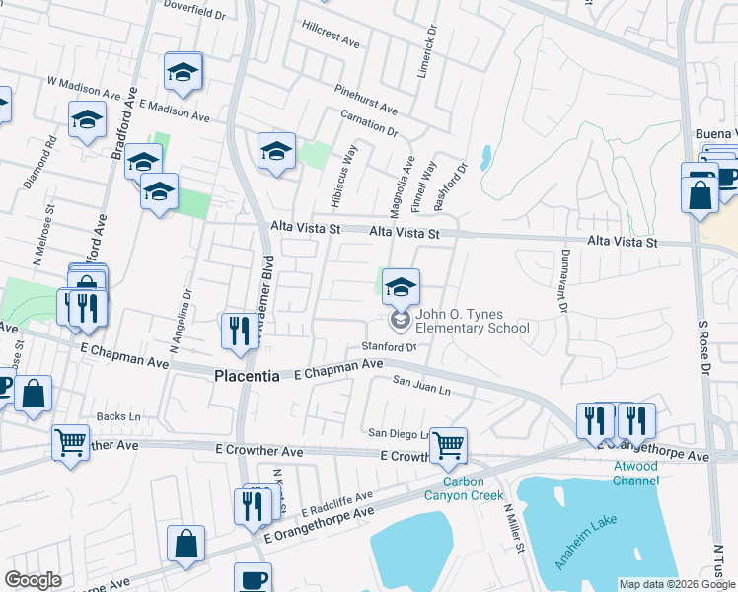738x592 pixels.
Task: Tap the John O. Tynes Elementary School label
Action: pos(472,322)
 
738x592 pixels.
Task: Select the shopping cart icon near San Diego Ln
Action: pos(448,445)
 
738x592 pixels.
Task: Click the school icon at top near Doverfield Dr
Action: pos(183,71)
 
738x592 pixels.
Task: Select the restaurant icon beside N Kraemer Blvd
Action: pos(238,332)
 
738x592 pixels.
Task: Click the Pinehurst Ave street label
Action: pos(365,98)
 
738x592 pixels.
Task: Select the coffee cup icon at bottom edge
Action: pos(253,579)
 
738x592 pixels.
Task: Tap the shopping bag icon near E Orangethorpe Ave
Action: pos(185,544)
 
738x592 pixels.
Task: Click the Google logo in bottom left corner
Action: pos(33,580)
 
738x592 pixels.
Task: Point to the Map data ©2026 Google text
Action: pos(677,585)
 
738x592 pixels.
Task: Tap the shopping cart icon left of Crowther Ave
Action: pos(71,442)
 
